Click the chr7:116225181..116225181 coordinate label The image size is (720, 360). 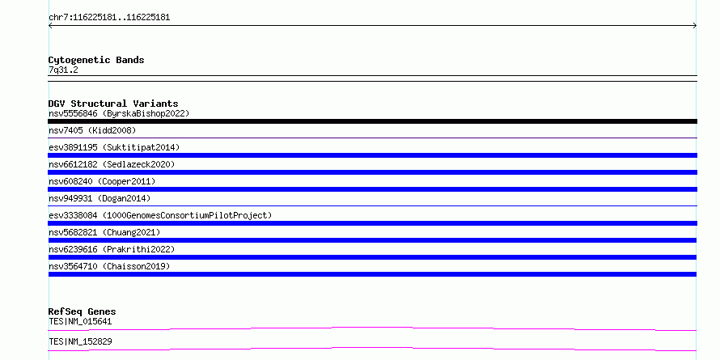click(x=109, y=18)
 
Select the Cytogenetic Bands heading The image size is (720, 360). click(x=96, y=60)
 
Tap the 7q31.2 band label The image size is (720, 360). click(x=63, y=70)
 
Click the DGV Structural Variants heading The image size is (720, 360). click(x=113, y=104)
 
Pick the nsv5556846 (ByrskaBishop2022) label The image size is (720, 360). click(x=119, y=113)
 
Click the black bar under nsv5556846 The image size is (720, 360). click(x=372, y=121)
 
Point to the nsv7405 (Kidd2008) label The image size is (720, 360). click(x=92, y=130)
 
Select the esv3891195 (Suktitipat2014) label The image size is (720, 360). click(x=114, y=147)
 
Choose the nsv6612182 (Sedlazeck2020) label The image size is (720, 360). click(x=112, y=164)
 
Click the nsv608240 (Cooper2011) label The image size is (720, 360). click(x=102, y=181)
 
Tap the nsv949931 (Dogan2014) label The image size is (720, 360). click(x=100, y=198)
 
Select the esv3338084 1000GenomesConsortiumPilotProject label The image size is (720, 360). click(x=160, y=215)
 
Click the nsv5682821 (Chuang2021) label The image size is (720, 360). click(x=104, y=232)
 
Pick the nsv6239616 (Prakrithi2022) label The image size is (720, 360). click(x=112, y=249)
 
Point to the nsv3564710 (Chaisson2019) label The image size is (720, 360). click(x=109, y=266)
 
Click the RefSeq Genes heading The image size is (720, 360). click(x=82, y=312)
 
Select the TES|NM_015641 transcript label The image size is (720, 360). click(x=80, y=321)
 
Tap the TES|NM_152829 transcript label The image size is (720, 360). click(x=80, y=341)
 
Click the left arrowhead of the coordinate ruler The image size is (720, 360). click(x=49, y=26)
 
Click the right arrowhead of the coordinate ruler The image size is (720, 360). click(x=696, y=26)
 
